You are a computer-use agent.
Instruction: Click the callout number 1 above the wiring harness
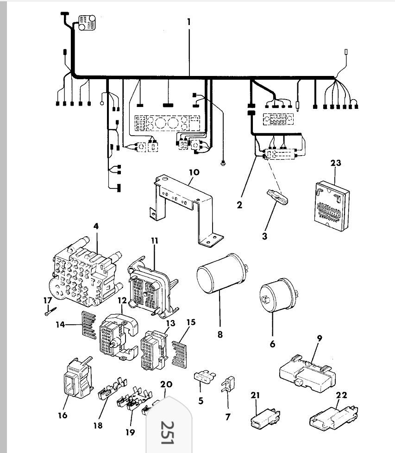(189, 22)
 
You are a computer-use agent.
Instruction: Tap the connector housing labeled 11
(150, 285)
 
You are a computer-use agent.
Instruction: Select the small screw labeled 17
(50, 313)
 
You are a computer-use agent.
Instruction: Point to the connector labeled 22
(332, 416)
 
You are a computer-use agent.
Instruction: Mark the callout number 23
(336, 164)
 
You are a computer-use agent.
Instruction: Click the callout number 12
(122, 300)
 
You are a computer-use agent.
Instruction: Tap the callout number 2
(239, 204)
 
